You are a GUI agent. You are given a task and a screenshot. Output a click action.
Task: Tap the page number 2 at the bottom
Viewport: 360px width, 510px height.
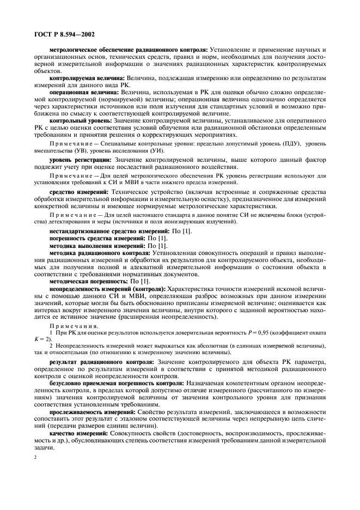point(34,466)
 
